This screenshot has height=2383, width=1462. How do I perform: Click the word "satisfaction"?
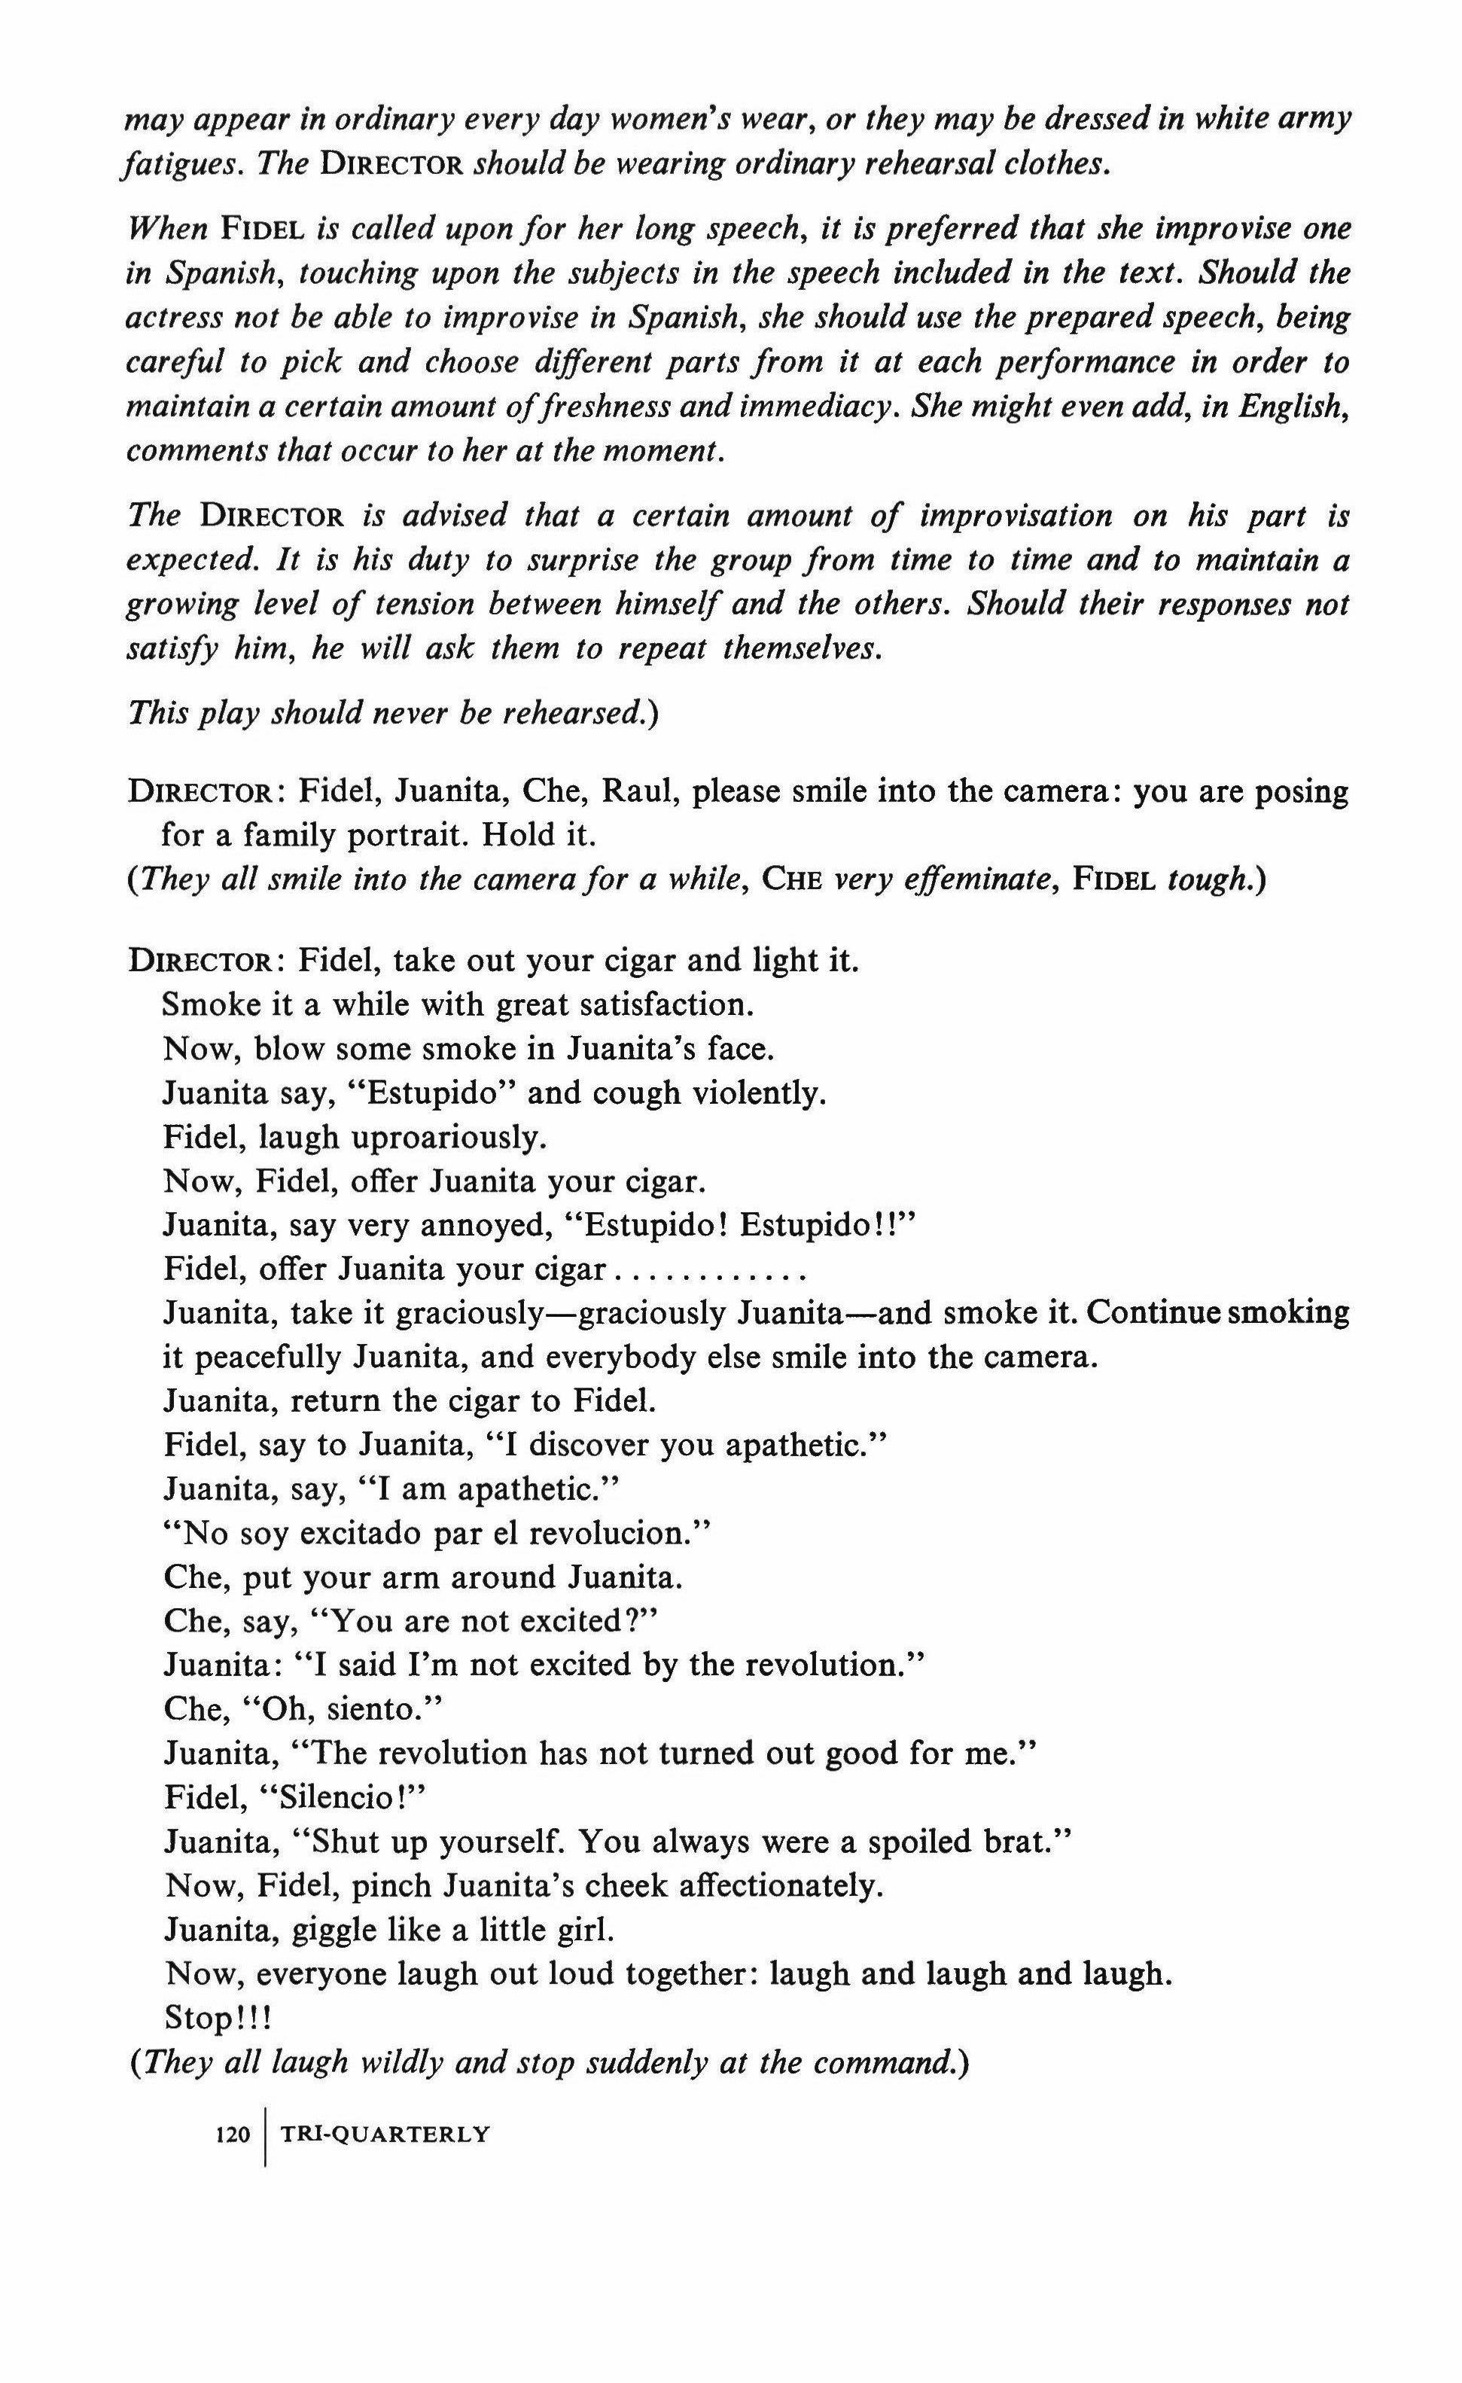tap(666, 1005)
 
